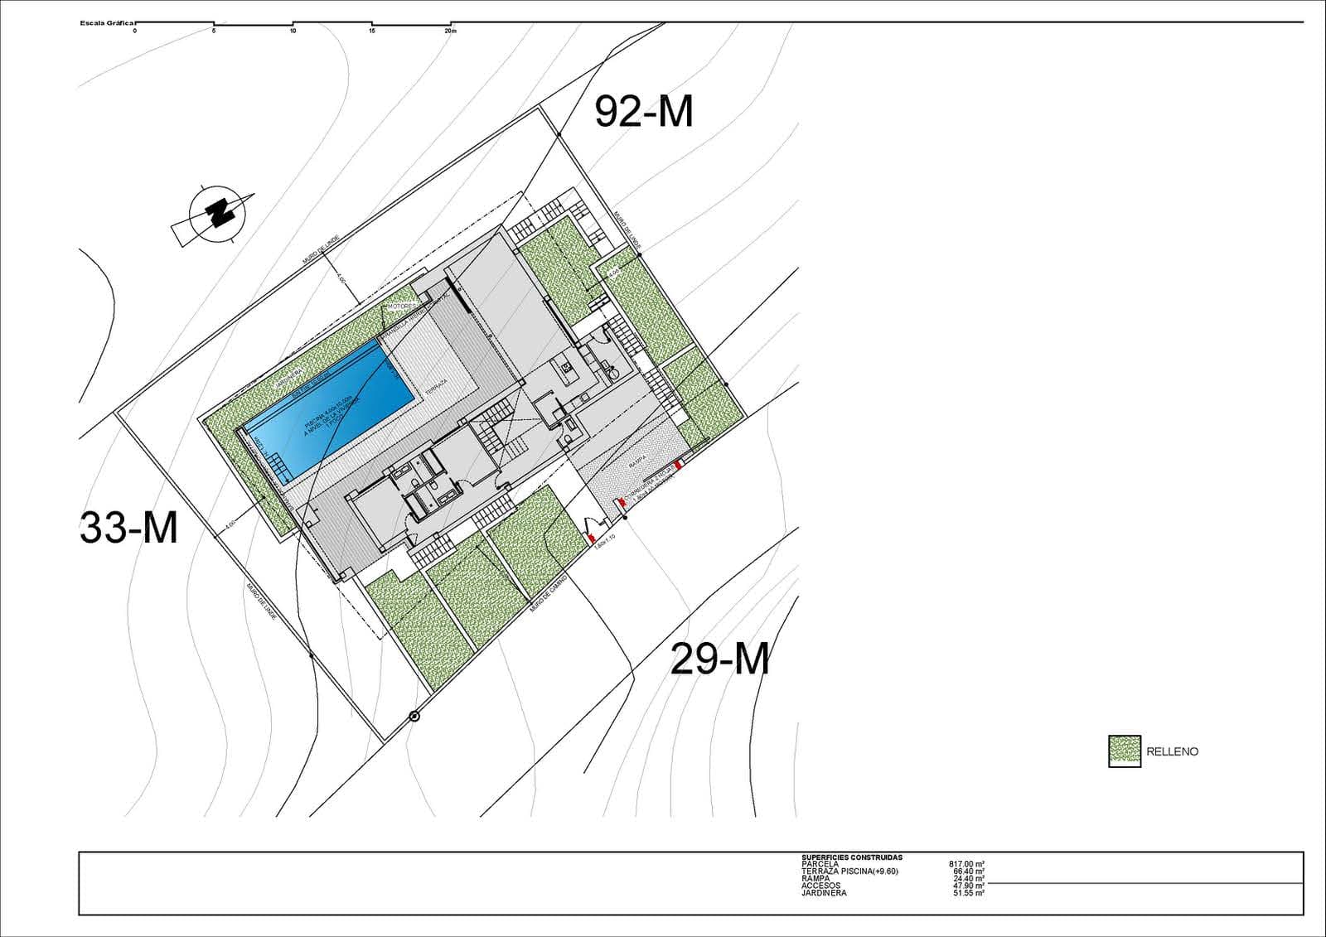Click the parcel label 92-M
(644, 112)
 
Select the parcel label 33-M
(128, 527)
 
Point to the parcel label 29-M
(719, 659)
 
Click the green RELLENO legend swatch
(1124, 751)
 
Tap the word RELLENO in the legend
(1172, 752)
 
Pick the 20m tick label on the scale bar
(450, 31)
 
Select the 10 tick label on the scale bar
(293, 31)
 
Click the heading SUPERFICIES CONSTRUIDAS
(851, 857)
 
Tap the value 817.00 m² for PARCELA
(966, 864)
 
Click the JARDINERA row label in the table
(824, 893)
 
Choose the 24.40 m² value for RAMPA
(968, 879)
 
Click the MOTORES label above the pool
(400, 307)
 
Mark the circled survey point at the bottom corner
(414, 717)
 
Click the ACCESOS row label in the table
(820, 886)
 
